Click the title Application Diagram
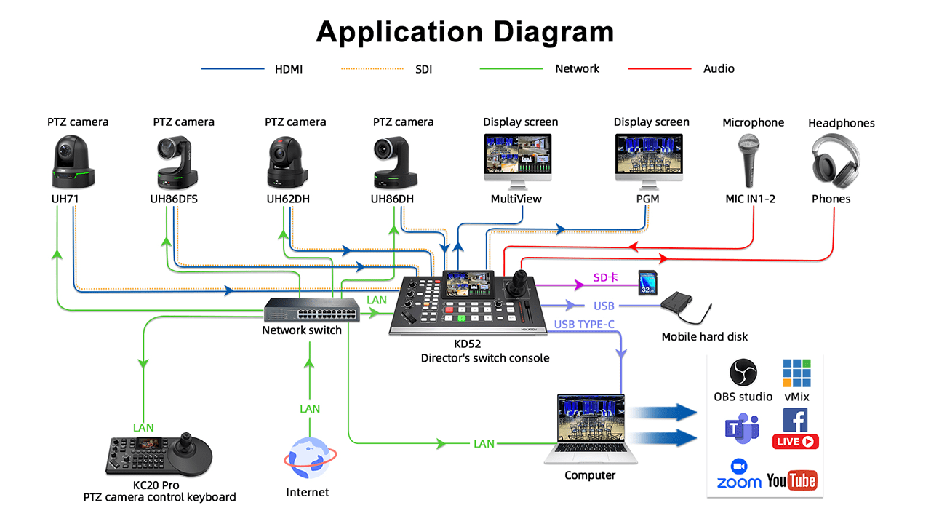(x=465, y=32)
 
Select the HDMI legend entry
(x=289, y=69)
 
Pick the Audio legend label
(x=719, y=69)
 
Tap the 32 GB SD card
(x=648, y=282)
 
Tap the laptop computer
(x=591, y=429)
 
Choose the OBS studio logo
(x=743, y=373)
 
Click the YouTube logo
(x=792, y=480)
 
